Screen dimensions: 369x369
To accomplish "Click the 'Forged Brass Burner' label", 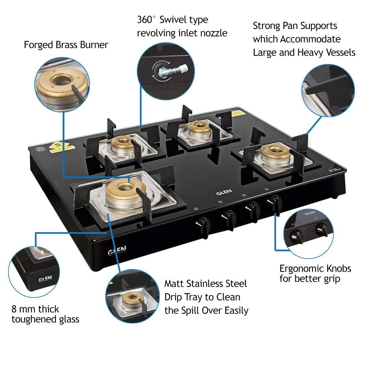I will point(66,45).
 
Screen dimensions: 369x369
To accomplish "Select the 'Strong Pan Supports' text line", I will point(295,26).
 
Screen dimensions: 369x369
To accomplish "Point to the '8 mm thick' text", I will point(35,309).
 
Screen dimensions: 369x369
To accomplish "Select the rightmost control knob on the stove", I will point(274,204).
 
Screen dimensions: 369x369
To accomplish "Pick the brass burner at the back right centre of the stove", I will point(195,128).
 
